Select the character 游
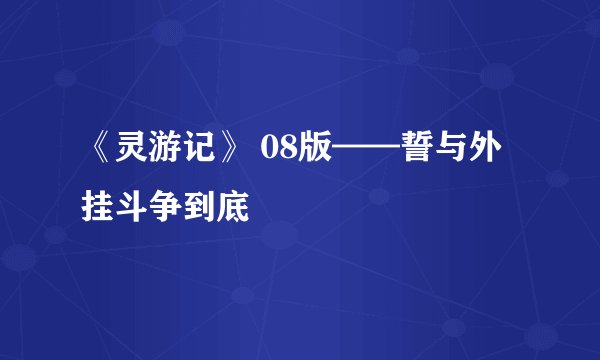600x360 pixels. coord(168,158)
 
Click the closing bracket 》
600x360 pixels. coord(233,158)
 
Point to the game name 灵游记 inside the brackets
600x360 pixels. coord(168,158)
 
